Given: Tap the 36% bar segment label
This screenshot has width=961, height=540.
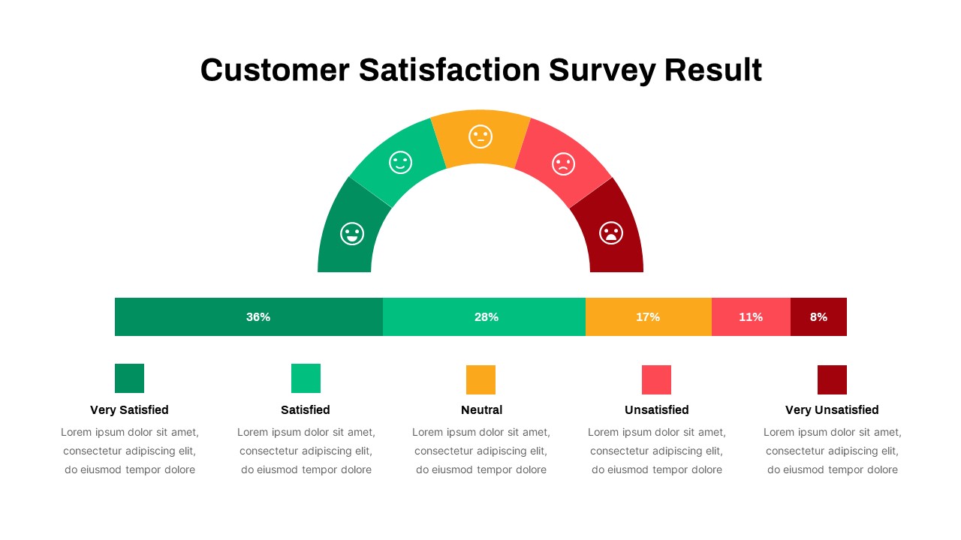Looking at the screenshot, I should click(x=258, y=317).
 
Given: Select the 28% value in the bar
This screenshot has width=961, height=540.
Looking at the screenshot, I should click(x=487, y=317).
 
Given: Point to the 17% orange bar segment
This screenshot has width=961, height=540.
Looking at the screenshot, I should click(x=648, y=317).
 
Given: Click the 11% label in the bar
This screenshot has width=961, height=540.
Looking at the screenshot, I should click(x=751, y=317).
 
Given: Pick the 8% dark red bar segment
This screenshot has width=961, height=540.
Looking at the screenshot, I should click(x=818, y=317).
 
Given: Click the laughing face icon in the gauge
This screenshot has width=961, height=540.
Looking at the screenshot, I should click(x=352, y=233).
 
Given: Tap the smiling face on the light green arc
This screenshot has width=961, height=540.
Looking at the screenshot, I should click(x=400, y=162).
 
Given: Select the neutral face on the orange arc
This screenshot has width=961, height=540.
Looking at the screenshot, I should click(x=480, y=136).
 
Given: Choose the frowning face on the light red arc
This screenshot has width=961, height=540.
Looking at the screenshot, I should click(x=563, y=163).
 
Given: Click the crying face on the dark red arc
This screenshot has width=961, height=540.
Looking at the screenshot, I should click(x=611, y=233).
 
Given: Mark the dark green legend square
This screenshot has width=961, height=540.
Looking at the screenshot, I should click(x=129, y=378).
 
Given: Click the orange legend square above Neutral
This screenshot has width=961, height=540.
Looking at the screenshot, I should click(x=480, y=379).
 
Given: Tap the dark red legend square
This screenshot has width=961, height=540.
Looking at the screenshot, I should click(x=832, y=379).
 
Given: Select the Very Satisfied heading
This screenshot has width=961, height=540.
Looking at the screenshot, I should click(x=129, y=410).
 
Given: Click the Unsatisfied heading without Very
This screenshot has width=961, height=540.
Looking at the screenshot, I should click(x=656, y=410).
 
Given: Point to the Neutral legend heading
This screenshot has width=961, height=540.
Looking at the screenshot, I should click(x=481, y=410).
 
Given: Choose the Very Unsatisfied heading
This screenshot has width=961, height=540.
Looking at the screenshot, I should click(x=832, y=410).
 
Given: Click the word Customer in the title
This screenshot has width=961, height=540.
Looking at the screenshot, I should click(x=275, y=70).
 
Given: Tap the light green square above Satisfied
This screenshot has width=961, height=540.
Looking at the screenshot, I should click(x=306, y=378).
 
